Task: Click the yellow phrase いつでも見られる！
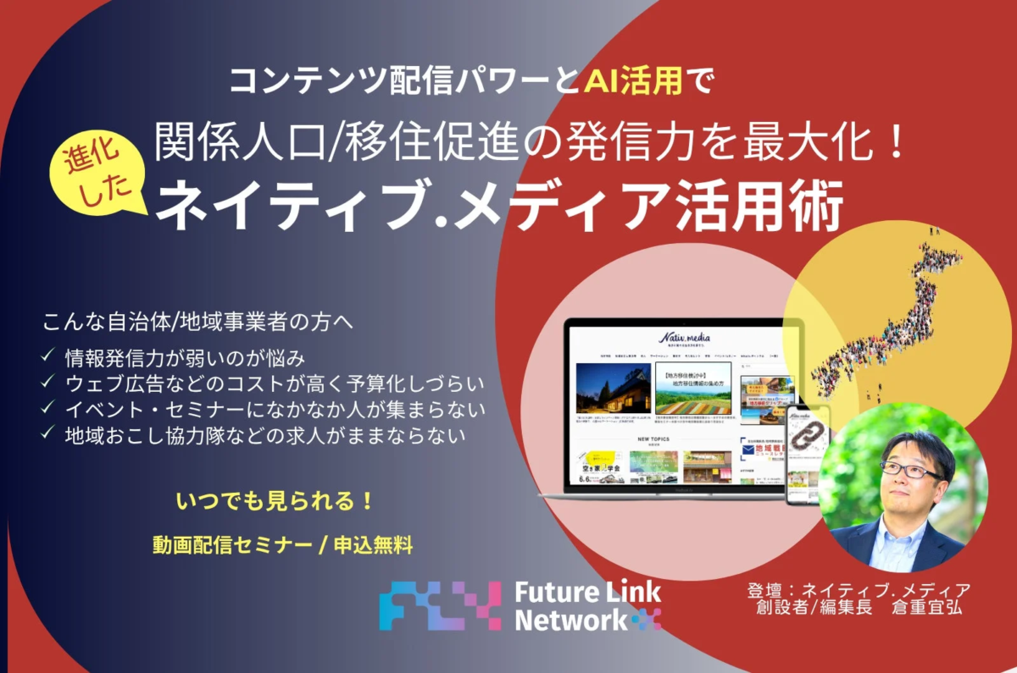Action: point(275,500)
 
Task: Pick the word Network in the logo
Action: point(569,621)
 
